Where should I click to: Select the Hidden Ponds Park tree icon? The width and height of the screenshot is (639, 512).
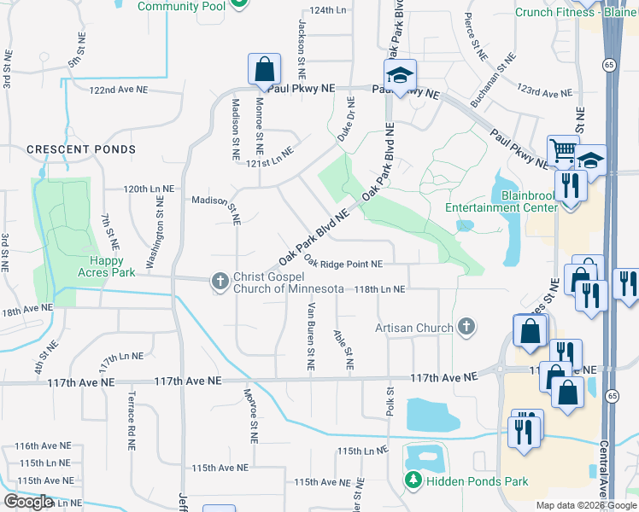(413, 481)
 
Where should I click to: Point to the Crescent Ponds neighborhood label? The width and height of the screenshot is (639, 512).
(81, 149)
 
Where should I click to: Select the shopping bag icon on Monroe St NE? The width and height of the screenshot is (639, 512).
(265, 69)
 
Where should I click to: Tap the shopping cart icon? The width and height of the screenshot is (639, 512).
(563, 152)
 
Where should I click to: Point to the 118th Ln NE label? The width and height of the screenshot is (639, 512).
(375, 289)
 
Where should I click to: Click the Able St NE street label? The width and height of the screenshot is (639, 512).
(344, 349)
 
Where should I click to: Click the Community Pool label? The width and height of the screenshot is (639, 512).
(181, 7)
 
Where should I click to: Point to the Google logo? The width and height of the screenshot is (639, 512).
(28, 502)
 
